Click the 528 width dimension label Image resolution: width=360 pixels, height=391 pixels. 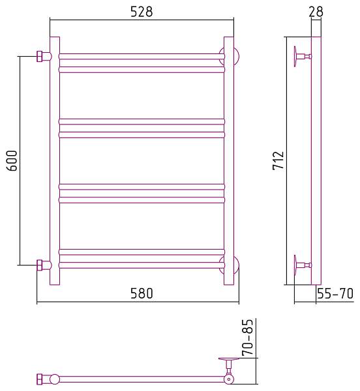click(x=141, y=12)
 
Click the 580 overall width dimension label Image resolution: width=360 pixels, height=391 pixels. click(x=141, y=294)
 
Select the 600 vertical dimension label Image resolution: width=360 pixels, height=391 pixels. click(x=12, y=160)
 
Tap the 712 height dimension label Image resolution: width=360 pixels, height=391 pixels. click(x=277, y=160)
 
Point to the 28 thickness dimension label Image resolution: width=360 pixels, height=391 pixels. click(x=316, y=12)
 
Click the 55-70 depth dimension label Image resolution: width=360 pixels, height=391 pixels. click(x=335, y=294)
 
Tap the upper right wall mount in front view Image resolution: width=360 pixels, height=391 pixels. click(x=233, y=56)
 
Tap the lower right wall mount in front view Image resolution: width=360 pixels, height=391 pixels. click(x=233, y=265)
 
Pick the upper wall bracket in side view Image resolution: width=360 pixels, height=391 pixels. click(x=303, y=57)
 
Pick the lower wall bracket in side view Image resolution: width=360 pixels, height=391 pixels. click(x=303, y=265)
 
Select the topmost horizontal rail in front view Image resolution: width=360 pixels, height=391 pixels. click(x=142, y=56)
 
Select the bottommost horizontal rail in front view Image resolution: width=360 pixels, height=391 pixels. click(x=142, y=265)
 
